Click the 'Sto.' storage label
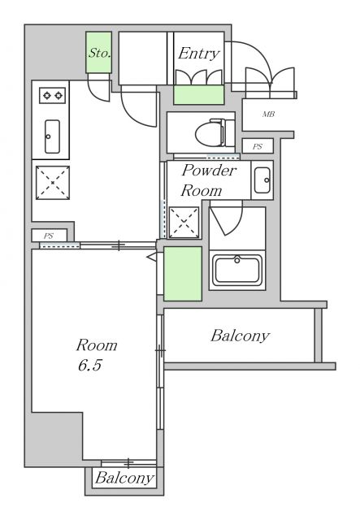pos(99,53)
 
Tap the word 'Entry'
pos(199,54)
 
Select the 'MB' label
pos(268,115)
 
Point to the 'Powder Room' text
pos(208,180)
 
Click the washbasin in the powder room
pos(262,180)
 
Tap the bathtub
pos(237,270)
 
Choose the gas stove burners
pos(53,96)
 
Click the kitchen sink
pos(52,136)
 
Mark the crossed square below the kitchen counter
pos(53,183)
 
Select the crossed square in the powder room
pos(184,223)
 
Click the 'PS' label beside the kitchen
pos(49,236)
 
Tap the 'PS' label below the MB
pos(258,146)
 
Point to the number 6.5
pos(89,365)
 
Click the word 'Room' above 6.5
pos(97,345)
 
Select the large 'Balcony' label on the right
pos(240,336)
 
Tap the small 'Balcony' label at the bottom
pos(124,479)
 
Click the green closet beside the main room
pos(183,274)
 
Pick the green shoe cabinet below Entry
pos(199,95)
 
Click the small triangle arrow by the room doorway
pos(151,257)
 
